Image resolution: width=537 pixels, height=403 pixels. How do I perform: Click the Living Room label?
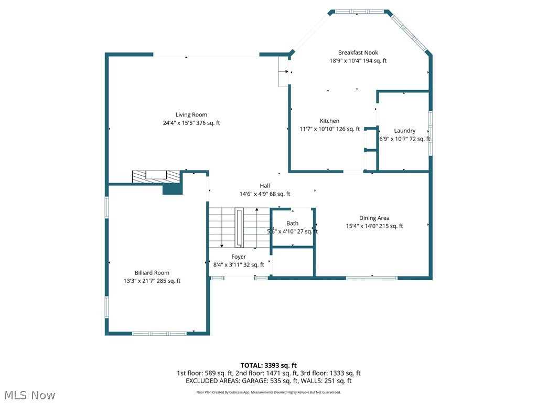[191, 114]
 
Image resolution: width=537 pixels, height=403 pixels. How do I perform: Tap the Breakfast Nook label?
[358, 52]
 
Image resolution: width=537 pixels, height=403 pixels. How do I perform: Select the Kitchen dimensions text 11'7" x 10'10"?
[329, 129]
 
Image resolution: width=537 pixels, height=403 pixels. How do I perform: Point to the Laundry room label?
[404, 131]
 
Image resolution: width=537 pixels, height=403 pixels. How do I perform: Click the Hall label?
[265, 186]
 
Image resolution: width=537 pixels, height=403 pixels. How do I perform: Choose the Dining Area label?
[374, 218]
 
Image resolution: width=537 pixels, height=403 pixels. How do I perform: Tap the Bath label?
[292, 224]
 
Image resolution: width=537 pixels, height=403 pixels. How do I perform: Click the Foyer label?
[239, 257]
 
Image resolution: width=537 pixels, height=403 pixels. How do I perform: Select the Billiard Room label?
[152, 273]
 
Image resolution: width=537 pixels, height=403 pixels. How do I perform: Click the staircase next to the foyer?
[239, 227]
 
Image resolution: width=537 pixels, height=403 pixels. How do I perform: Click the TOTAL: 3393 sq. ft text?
[268, 365]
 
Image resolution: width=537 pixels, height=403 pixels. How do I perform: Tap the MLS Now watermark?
[29, 395]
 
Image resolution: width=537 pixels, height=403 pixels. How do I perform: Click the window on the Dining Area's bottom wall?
[372, 278]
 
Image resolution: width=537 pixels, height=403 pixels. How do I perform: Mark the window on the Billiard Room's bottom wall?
[159, 333]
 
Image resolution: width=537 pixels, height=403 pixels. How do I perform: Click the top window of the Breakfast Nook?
[359, 11]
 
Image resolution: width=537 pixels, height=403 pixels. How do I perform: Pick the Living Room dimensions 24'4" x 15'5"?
[191, 123]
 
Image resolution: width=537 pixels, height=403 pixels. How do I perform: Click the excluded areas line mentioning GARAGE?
[268, 381]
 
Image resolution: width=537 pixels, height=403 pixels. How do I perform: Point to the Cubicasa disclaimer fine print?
[268, 392]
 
